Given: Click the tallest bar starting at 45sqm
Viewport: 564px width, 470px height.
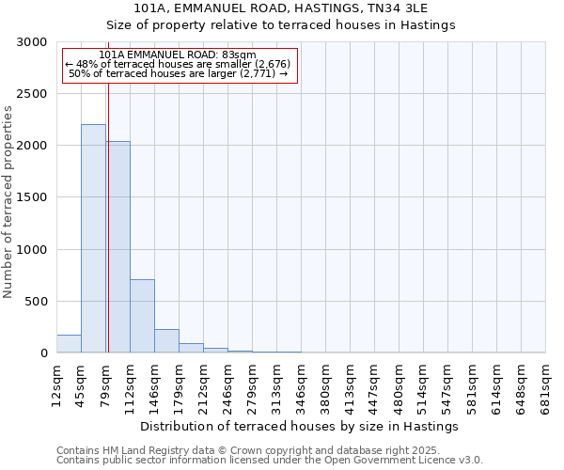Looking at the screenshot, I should pos(93,239).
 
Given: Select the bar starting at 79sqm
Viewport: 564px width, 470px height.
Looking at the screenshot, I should pos(117,247).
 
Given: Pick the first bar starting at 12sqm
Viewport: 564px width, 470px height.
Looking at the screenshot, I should pos(69,344).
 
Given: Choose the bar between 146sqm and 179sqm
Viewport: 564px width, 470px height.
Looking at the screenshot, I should pos(166,341).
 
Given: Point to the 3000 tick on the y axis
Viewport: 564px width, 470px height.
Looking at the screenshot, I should pos(35,42).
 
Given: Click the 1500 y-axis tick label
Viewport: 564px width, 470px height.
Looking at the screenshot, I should pos(35,197).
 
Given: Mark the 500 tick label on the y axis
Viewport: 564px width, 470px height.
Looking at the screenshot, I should pos(39,302).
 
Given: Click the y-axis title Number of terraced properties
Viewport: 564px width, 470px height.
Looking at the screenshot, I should pos(8,202).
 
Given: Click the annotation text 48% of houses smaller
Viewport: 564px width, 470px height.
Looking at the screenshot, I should pos(179,64).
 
